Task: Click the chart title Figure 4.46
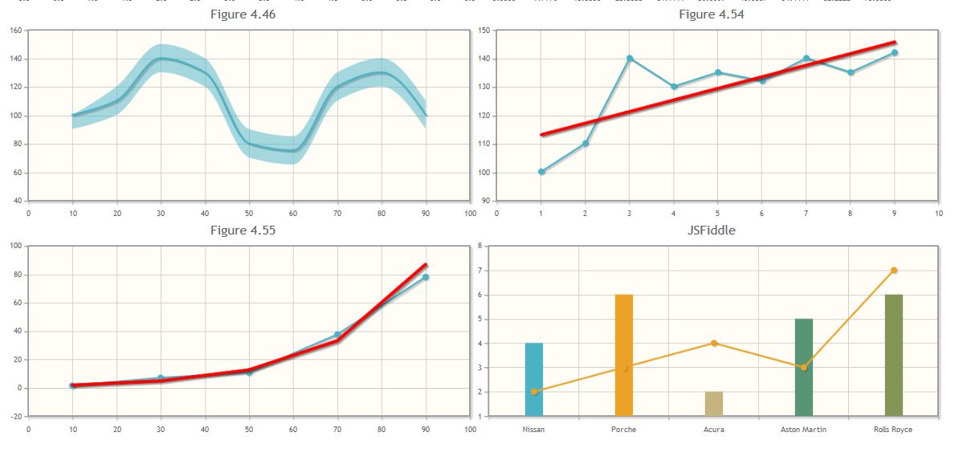pyautogui.click(x=243, y=14)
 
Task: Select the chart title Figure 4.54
pyautogui.click(x=711, y=14)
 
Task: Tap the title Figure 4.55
pyautogui.click(x=243, y=231)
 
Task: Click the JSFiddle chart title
pyautogui.click(x=711, y=231)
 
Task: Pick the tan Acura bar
pyautogui.click(x=714, y=404)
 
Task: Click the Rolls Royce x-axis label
pyautogui.click(x=893, y=430)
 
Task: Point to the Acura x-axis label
pyautogui.click(x=714, y=430)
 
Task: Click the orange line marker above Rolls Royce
pyautogui.click(x=894, y=271)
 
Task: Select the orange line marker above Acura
pyautogui.click(x=714, y=343)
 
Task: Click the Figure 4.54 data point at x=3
pyautogui.click(x=630, y=59)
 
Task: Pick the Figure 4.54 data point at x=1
pyautogui.click(x=541, y=172)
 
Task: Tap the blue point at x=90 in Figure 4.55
pyautogui.click(x=426, y=277)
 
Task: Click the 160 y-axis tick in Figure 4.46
pyautogui.click(x=15, y=31)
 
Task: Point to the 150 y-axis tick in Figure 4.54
pyautogui.click(x=483, y=31)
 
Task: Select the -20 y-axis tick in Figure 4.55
pyautogui.click(x=14, y=417)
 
